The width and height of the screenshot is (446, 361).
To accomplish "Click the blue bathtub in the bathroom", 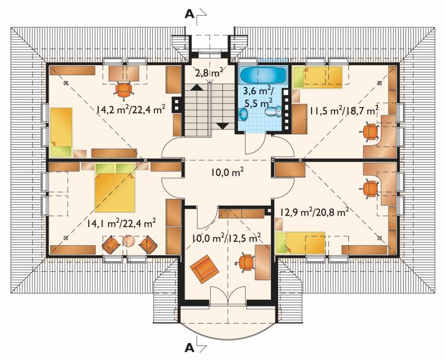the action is click(263, 75).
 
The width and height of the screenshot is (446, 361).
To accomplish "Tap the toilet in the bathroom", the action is click(273, 111).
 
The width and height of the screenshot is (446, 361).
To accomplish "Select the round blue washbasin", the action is click(243, 114).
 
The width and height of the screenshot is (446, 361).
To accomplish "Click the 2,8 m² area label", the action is click(209, 73).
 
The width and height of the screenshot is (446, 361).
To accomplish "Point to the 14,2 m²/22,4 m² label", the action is click(131, 109).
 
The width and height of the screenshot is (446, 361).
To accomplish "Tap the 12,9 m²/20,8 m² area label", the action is click(314, 212).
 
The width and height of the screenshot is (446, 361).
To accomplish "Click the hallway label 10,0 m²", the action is click(227, 172).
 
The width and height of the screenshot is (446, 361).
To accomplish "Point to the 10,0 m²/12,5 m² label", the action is click(226, 238).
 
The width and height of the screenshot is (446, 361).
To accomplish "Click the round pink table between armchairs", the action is click(129, 241).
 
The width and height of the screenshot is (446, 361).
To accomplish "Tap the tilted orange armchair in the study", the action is click(204, 269).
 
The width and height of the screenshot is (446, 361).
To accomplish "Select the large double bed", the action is click(115, 188).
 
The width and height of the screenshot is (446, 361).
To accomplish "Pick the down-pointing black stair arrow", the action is click(222, 125).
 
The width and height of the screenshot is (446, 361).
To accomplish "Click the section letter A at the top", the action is click(190, 13).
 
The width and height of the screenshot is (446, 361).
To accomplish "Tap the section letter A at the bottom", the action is click(190, 347).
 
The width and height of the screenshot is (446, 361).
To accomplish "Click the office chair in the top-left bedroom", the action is click(124, 90).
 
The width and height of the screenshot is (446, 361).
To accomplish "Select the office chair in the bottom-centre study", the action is click(245, 262).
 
